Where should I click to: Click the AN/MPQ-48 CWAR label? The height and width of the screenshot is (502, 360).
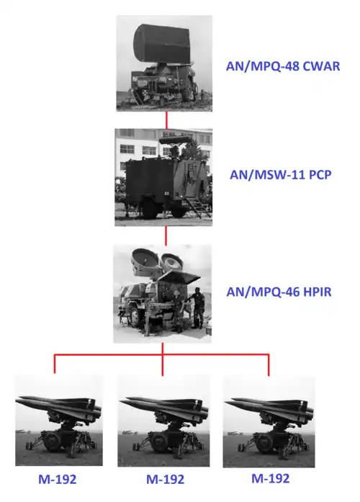283,66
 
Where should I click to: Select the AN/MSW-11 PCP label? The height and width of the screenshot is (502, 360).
281,175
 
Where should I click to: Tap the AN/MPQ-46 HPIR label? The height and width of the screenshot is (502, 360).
279,292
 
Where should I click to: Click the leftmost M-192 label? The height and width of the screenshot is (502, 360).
58,479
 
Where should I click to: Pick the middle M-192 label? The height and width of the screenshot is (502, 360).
165,479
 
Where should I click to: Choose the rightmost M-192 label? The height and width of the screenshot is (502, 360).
271,478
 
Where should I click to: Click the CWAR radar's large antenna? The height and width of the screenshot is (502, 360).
161,43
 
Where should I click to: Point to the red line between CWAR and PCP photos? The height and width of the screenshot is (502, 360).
166,120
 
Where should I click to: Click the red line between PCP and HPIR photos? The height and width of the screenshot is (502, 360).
166,236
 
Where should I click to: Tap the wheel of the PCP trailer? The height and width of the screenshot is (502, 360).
150,207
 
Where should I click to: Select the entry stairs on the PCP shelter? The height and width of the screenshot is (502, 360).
197,207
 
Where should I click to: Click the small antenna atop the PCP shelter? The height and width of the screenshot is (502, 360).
175,140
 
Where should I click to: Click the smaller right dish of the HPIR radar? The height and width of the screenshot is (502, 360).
172,263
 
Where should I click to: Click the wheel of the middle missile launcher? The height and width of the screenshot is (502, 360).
158,442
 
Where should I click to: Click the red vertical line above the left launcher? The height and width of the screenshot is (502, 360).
55,364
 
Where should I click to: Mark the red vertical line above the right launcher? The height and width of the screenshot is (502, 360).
269,365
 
